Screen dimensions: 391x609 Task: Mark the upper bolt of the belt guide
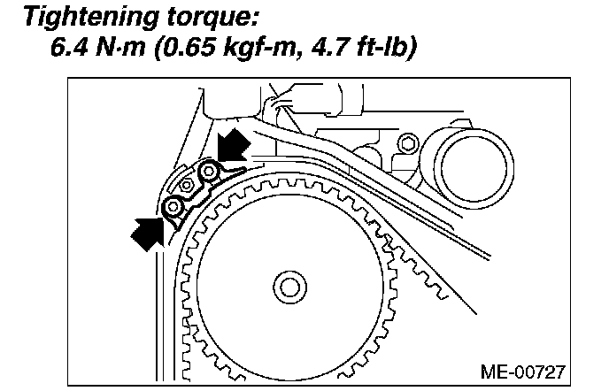coord(210,171)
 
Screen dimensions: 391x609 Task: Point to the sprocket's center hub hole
coord(288,285)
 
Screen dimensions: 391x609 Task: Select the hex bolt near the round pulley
coord(406,145)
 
